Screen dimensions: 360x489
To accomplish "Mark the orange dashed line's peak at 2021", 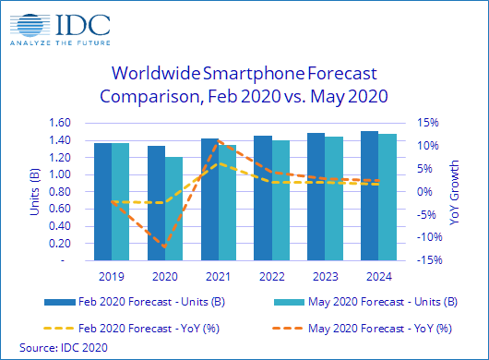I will tap(218, 140).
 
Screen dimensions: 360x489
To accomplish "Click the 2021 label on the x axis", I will tap(217, 276).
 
